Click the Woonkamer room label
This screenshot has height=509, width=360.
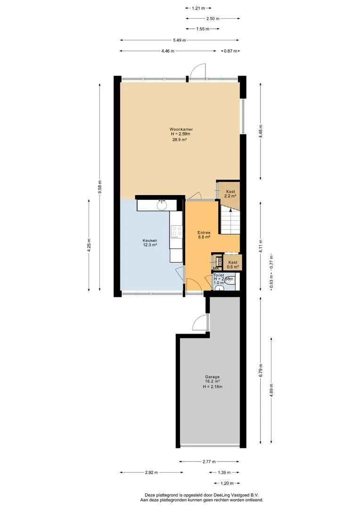pos(181,129)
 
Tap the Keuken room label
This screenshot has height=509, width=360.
pos(150,240)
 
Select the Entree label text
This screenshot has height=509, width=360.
pos(204,233)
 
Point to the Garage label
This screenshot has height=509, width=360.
pos(212,377)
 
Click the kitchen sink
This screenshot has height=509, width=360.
pos(162,205)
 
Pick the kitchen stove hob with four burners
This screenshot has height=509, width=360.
pos(177,232)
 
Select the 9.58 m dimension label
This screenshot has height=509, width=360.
pos(100,187)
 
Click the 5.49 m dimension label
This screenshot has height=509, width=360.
pos(180,40)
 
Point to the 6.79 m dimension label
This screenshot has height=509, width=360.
pos(261,370)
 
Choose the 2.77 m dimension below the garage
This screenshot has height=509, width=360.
pos(209,461)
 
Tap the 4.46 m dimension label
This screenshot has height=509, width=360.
pos(168,51)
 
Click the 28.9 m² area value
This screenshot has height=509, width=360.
pos(180,140)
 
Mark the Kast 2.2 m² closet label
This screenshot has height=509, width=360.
pos(230,194)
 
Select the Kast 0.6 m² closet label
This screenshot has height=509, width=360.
pos(233,264)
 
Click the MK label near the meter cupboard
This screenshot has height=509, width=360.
pos(216,269)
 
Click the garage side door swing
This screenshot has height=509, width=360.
pos(200,322)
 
